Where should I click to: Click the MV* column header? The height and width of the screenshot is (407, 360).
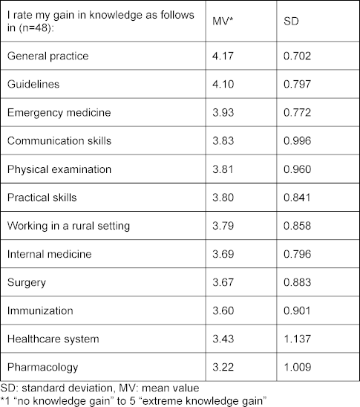click(x=223, y=21)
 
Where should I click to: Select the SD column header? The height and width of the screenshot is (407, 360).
click(x=291, y=21)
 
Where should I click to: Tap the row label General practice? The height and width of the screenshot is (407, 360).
click(x=48, y=56)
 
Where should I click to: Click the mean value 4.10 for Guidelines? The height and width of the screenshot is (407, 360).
click(x=223, y=85)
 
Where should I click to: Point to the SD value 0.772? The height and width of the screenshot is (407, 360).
click(x=297, y=113)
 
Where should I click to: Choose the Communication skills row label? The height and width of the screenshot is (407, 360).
click(x=59, y=141)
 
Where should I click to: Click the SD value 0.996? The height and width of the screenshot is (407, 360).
click(x=297, y=141)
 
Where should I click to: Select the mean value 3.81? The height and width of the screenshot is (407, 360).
click(x=223, y=169)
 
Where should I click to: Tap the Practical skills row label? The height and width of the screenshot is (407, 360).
click(x=42, y=198)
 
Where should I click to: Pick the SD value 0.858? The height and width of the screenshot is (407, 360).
click(x=297, y=226)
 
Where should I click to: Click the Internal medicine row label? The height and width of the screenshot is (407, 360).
click(x=50, y=254)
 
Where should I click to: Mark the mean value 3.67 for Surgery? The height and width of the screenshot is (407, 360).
click(x=223, y=282)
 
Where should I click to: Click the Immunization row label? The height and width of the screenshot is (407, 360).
click(x=40, y=310)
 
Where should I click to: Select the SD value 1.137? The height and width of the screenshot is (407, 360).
click(x=297, y=339)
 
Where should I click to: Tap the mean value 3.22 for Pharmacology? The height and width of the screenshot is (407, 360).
click(x=223, y=368)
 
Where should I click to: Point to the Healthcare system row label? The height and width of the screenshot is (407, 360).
click(x=53, y=339)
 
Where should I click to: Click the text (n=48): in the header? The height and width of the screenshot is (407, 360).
click(x=36, y=27)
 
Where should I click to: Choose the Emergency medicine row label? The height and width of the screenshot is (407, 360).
click(x=59, y=113)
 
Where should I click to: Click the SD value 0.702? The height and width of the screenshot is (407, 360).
click(x=297, y=56)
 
